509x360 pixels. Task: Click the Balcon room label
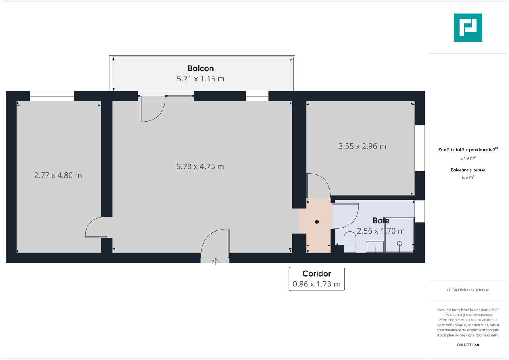(201, 68)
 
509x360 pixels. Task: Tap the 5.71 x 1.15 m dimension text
(201, 79)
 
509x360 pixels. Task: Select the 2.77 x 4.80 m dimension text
(58, 175)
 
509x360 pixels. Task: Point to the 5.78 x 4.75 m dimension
(200, 166)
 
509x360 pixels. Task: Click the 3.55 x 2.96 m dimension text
(362, 146)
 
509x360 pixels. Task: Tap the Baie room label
(381, 221)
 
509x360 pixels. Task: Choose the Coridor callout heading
(317, 273)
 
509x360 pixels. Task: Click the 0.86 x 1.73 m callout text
(317, 284)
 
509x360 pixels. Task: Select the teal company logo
(468, 27)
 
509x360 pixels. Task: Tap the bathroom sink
(375, 247)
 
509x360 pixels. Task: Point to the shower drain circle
(399, 244)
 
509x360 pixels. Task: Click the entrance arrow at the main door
(215, 261)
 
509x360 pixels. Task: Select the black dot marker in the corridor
(317, 222)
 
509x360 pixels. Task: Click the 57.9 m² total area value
(468, 158)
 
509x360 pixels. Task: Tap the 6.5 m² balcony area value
(468, 177)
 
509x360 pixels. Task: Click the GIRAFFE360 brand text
(468, 345)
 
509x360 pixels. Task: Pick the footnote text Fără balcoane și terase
(468, 290)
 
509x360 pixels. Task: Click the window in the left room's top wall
(52, 96)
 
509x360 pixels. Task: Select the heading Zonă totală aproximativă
(467, 149)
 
